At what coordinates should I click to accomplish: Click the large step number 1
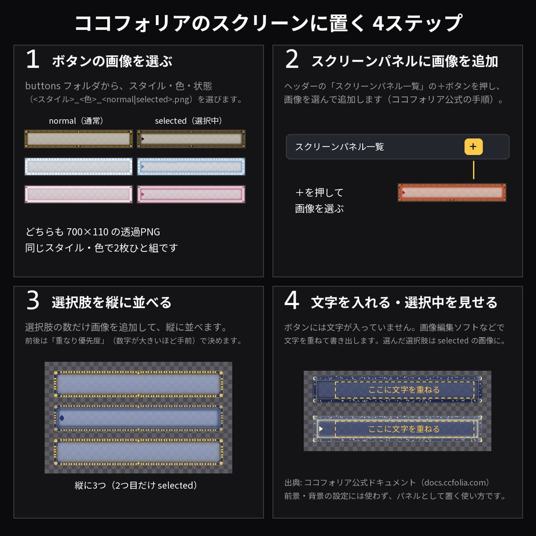tap(33, 59)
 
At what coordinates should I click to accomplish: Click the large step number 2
tap(292, 59)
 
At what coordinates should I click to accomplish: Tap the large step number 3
tap(33, 300)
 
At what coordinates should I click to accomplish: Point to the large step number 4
tap(292, 300)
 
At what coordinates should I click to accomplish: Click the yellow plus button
tap(473, 147)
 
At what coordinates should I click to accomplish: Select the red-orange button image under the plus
tap(452, 193)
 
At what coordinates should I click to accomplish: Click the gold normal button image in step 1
tap(79, 139)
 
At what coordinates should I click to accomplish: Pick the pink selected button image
tap(191, 194)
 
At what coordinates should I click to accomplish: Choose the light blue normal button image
tap(79, 166)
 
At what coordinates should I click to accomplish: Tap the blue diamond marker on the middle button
tap(62, 418)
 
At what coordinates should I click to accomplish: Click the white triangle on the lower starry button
tap(321, 429)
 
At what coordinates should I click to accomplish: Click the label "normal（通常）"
tap(76, 121)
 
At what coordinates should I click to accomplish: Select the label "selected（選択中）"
tap(188, 121)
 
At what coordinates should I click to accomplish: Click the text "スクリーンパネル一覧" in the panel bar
tap(339, 147)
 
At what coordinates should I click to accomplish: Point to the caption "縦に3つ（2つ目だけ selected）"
tap(136, 485)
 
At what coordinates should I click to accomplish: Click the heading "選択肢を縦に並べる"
tap(112, 302)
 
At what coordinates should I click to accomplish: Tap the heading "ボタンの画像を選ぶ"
tap(112, 61)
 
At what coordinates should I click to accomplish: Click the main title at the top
tap(269, 23)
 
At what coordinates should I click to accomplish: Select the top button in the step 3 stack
tap(138, 384)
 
